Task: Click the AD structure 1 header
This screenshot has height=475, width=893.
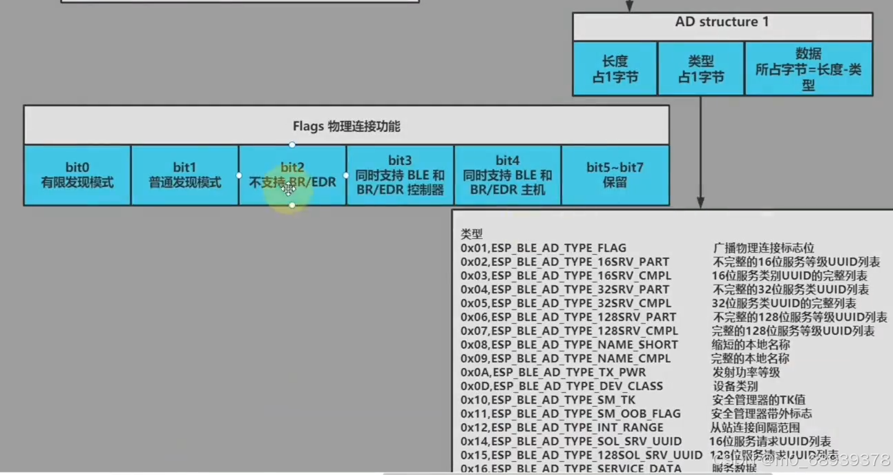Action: pyautogui.click(x=722, y=23)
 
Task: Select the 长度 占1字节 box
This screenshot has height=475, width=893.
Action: pyautogui.click(x=615, y=69)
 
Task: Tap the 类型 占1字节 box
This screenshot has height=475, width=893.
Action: pyautogui.click(x=701, y=69)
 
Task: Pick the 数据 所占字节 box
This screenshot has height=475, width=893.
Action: pyautogui.click(x=808, y=69)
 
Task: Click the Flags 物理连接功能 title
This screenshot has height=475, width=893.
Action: pyautogui.click(x=346, y=126)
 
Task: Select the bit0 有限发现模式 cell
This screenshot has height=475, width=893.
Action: pyautogui.click(x=77, y=175)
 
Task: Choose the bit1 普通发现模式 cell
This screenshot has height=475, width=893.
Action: pyautogui.click(x=185, y=175)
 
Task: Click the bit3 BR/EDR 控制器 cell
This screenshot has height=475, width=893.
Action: pyautogui.click(x=400, y=175)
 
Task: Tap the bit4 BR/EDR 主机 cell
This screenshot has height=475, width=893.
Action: pyautogui.click(x=508, y=175)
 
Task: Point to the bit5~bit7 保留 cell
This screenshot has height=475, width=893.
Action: pyautogui.click(x=615, y=175)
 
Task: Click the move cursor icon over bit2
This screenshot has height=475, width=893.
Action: pyautogui.click(x=289, y=189)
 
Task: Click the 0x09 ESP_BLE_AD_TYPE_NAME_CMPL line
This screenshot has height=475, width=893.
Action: pyautogui.click(x=566, y=358)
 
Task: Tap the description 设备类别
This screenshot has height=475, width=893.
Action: pyautogui.click(x=735, y=386)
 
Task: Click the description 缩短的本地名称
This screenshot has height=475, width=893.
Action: pyautogui.click(x=751, y=345)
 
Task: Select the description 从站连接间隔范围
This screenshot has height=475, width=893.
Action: pyautogui.click(x=755, y=427)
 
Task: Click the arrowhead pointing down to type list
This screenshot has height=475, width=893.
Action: pyautogui.click(x=701, y=203)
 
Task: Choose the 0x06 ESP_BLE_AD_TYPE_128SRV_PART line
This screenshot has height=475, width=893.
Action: pyautogui.click(x=568, y=317)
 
